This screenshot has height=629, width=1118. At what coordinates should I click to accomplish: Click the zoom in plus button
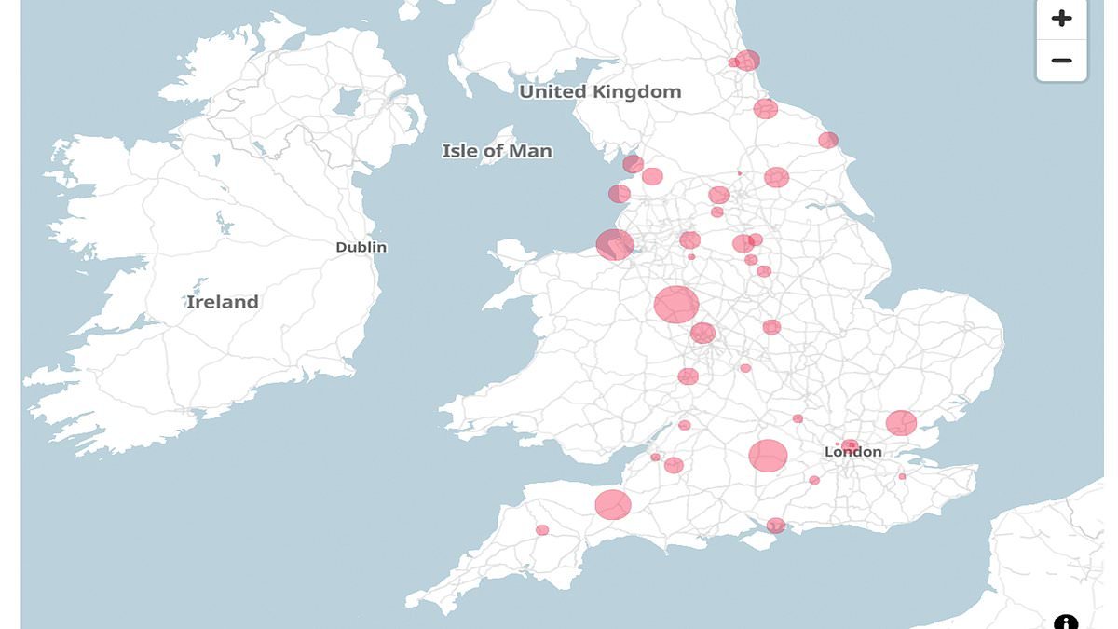(x=1061, y=19)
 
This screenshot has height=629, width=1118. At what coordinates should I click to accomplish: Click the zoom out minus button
(x=1061, y=61)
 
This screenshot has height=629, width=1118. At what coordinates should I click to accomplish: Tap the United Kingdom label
(x=600, y=91)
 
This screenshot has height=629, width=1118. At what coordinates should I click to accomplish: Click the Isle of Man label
(x=497, y=151)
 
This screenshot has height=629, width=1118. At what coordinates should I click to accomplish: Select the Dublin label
(x=361, y=247)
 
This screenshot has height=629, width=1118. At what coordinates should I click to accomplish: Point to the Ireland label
(x=222, y=302)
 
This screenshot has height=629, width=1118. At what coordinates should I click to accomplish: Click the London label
(x=852, y=452)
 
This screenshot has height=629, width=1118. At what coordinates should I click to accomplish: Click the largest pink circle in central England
(x=676, y=305)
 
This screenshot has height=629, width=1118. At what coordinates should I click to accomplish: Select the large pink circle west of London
(x=768, y=456)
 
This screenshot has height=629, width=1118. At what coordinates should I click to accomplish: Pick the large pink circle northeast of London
(x=901, y=423)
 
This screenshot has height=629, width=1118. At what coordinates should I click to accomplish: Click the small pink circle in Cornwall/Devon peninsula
(x=542, y=530)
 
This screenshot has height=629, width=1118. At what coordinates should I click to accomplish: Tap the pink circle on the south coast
(x=775, y=526)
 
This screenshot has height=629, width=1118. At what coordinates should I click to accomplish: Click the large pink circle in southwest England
(x=613, y=505)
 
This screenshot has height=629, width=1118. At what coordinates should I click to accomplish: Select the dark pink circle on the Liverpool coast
(x=615, y=244)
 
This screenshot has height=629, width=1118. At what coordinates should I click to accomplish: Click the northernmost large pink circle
(x=747, y=61)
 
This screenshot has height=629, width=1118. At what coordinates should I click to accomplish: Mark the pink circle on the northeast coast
(x=828, y=141)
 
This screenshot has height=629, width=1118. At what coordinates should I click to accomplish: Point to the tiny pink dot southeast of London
(x=902, y=476)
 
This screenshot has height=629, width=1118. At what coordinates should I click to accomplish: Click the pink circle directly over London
(x=850, y=446)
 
